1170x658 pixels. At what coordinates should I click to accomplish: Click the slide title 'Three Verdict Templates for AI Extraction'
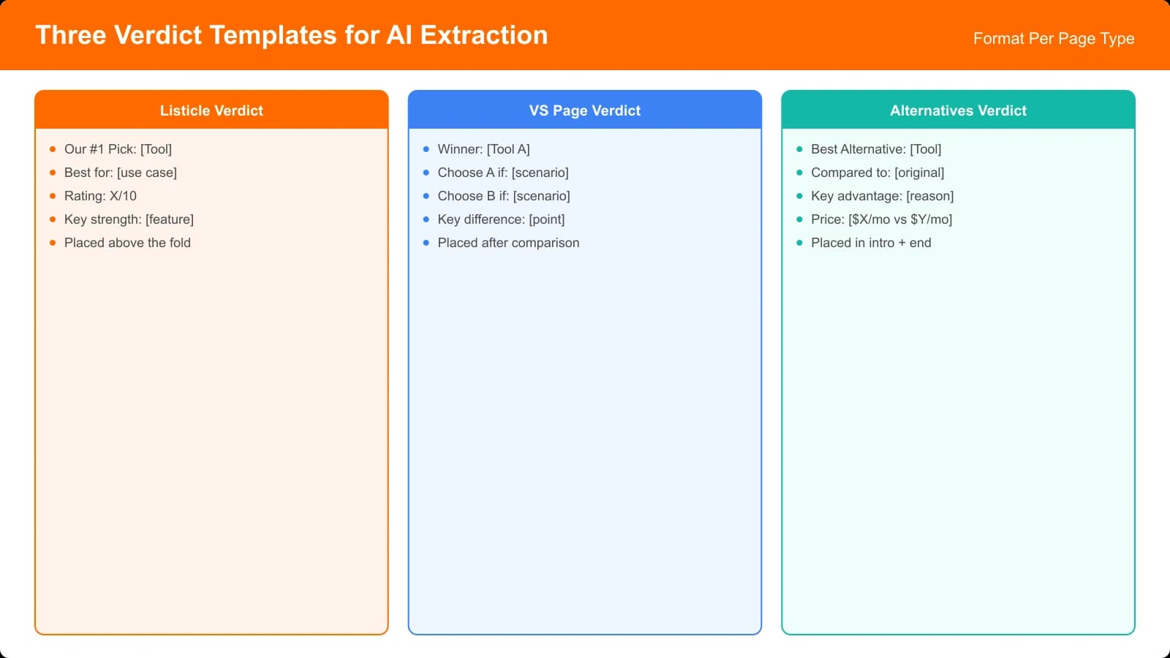point(292,35)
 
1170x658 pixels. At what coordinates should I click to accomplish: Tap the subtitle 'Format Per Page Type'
point(1053,39)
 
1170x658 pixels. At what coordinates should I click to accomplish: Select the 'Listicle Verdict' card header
point(211,110)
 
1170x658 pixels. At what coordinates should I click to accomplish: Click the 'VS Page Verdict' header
point(584,110)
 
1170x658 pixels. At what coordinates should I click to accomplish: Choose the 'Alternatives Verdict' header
point(958,110)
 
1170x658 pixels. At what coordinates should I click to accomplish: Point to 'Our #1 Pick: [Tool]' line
point(118,149)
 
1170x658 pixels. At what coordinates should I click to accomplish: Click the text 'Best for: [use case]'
point(120,173)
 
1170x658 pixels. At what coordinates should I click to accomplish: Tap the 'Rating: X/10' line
point(100,196)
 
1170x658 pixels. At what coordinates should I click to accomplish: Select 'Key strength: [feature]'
point(129,219)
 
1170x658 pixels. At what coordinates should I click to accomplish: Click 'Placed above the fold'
point(127,243)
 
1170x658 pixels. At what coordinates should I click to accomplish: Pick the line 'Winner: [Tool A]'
point(483,149)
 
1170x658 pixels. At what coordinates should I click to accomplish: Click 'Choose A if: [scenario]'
point(502,173)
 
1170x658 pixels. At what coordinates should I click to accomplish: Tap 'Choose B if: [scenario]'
point(503,196)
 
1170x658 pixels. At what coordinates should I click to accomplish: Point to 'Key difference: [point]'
point(501,219)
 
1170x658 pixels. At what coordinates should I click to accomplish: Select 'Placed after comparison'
point(508,243)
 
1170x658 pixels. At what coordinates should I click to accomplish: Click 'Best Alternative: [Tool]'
point(875,149)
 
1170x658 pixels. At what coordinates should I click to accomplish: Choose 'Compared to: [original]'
point(877,173)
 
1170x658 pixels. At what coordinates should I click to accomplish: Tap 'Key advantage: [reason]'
point(882,196)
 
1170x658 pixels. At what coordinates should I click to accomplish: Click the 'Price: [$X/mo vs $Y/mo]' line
point(881,219)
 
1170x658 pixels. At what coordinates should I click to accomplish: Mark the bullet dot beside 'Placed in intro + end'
point(799,243)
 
